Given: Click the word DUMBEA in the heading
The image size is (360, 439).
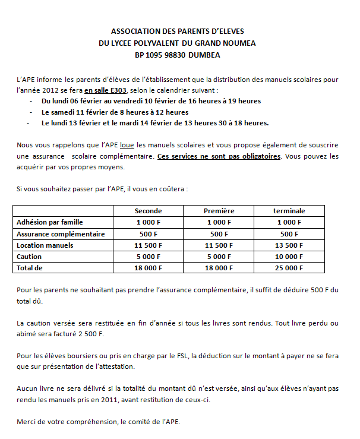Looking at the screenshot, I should tap(203, 55).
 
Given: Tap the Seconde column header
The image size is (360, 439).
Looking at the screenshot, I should tap(148, 211).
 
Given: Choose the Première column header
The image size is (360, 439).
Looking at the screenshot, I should tap(219, 211).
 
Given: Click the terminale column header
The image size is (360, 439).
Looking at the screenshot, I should tap(289, 211).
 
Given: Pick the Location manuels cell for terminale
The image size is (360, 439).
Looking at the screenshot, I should tap(289, 245).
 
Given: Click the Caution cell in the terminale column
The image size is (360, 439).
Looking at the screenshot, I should tap(289, 257).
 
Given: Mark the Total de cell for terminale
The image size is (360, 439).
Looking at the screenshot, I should tap(289, 268).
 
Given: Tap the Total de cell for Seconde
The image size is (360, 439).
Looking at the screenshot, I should tap(148, 268).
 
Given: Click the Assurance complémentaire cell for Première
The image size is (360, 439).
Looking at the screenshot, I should tap(219, 234).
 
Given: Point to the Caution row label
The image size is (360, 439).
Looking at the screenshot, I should tap(29, 257).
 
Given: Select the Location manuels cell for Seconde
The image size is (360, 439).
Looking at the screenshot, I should tap(148, 245).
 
